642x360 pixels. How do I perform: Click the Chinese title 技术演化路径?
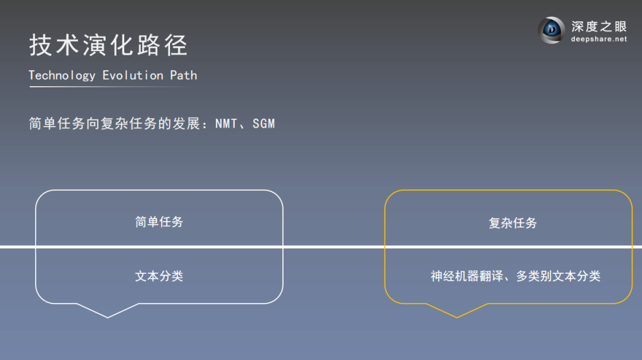108,46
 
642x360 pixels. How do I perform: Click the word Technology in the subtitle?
62,75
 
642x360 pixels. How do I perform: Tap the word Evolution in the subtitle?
133,75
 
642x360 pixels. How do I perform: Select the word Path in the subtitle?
184,75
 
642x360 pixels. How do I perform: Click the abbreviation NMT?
227,124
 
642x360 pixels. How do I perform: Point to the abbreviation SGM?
264,124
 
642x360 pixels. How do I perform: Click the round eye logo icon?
552,30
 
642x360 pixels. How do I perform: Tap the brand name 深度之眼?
599,26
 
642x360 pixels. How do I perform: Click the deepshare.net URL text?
599,39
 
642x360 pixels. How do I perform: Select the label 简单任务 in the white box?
159,222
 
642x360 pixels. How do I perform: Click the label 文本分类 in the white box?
159,276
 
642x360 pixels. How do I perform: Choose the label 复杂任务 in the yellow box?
512,223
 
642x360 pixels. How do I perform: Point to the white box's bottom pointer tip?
108,317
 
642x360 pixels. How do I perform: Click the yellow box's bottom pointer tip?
457,317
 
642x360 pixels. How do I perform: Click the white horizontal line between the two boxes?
333,247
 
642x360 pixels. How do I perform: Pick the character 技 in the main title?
39,46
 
